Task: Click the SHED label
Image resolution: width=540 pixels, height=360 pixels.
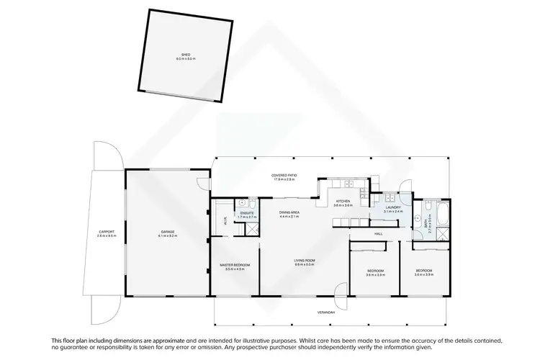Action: pos(186,55)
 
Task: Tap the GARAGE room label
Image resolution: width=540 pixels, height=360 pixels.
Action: pos(167,231)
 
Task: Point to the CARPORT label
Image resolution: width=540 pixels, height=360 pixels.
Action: pos(107,231)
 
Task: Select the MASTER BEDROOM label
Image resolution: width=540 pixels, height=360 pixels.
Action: pos(235,265)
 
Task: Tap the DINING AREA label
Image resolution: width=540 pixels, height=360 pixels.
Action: pos(291,212)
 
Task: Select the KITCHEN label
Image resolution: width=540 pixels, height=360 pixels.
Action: pos(342,201)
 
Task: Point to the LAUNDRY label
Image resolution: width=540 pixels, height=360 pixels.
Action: pos(392,207)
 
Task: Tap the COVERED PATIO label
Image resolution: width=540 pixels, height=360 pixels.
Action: pos(284,175)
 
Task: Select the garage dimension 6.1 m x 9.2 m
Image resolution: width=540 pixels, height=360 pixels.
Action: pos(167,235)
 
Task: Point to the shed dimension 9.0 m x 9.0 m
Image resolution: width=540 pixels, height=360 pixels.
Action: pos(186,60)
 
